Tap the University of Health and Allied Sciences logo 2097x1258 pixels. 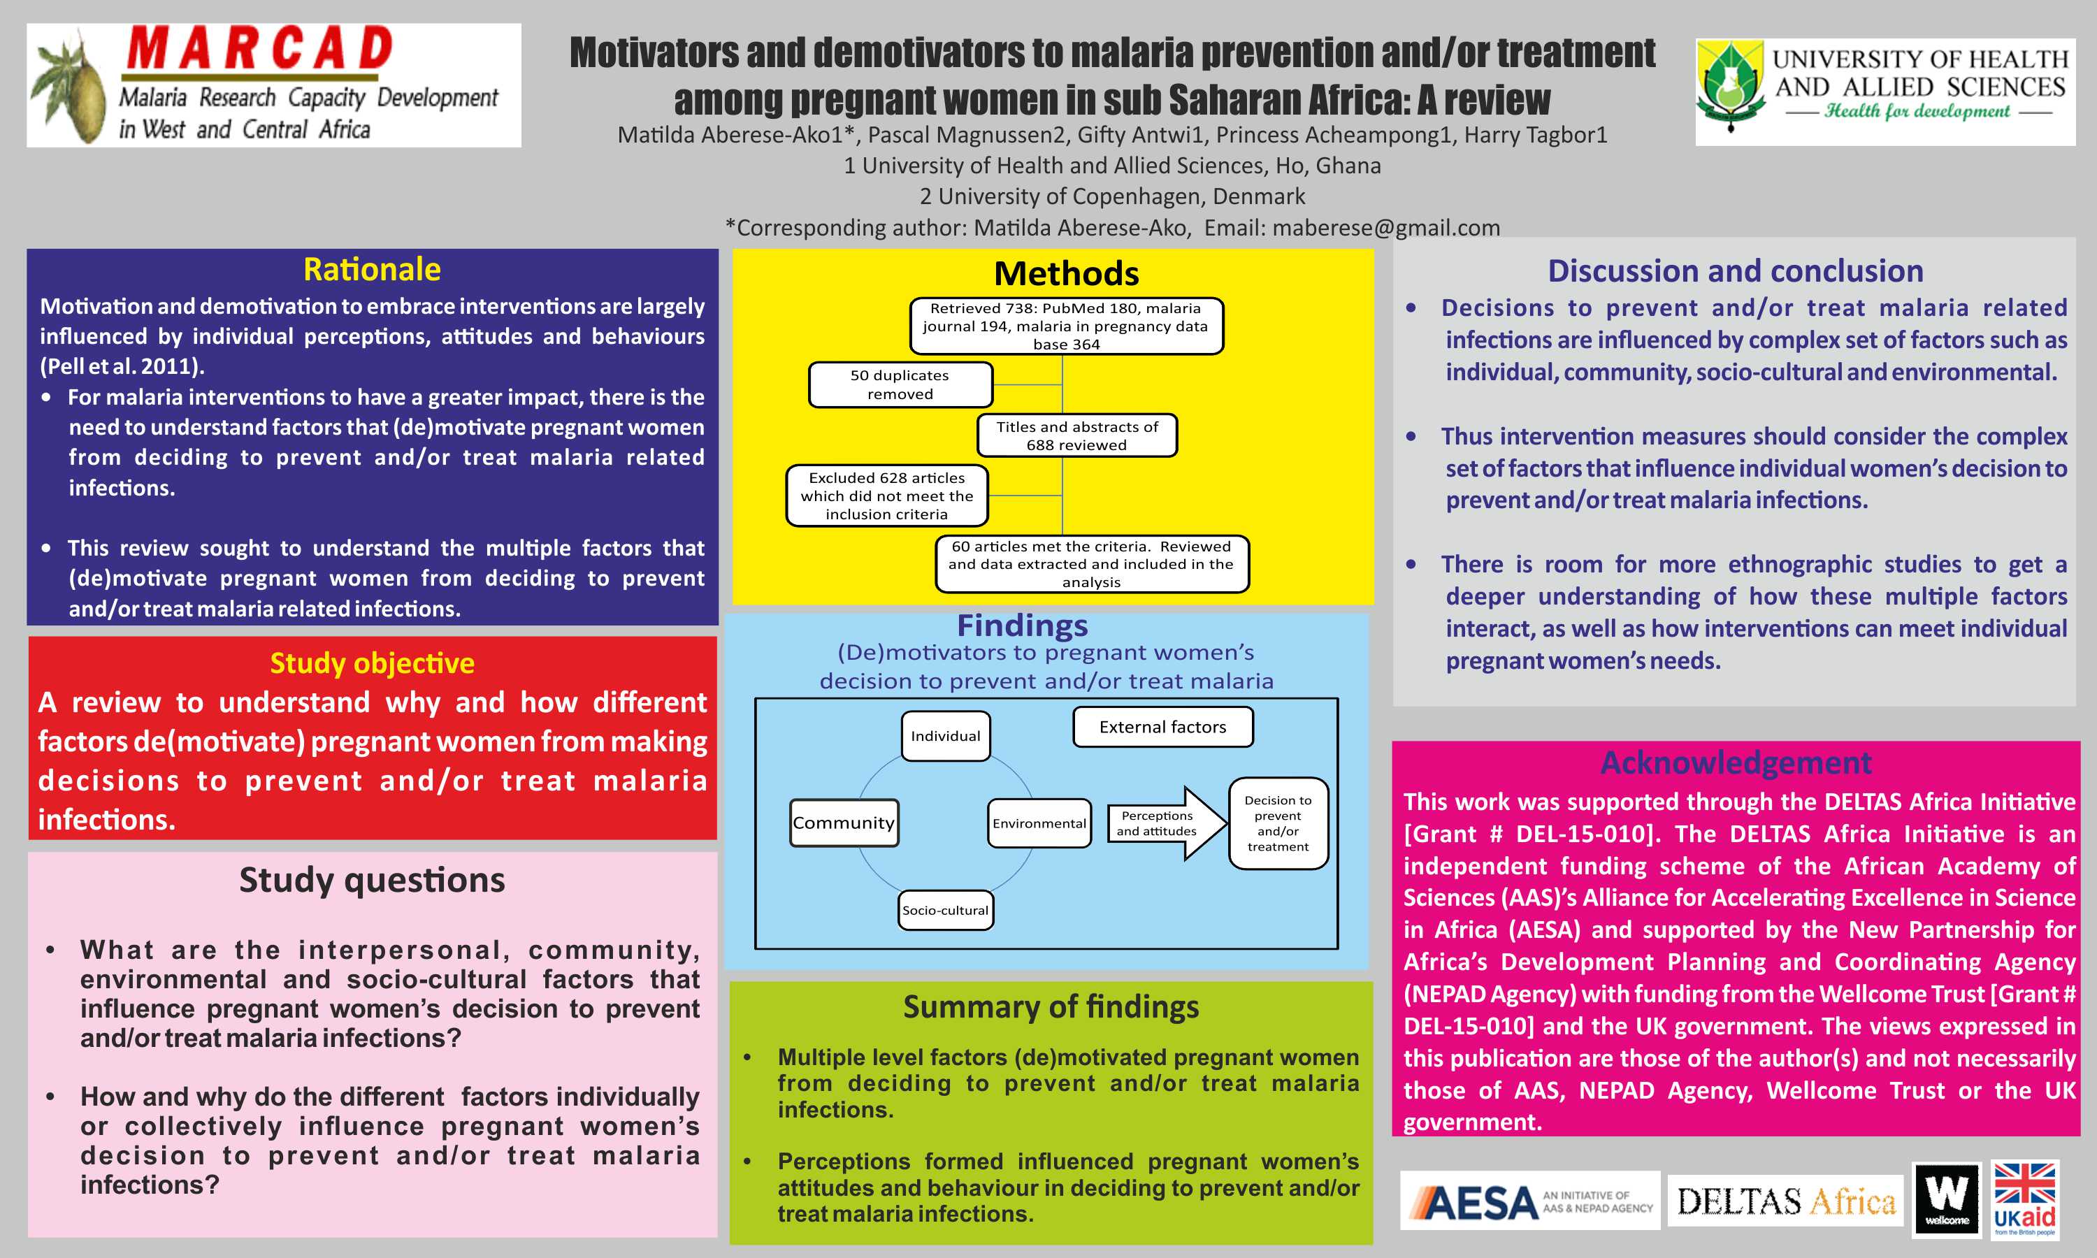click(x=1885, y=92)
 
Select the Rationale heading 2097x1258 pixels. click(x=372, y=270)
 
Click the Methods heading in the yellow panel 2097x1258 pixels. click(x=1066, y=274)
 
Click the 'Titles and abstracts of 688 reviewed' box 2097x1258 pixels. click(x=1076, y=435)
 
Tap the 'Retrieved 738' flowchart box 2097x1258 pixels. click(x=1065, y=326)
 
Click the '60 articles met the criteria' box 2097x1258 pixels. click(x=1091, y=564)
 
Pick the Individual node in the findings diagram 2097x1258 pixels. click(x=945, y=736)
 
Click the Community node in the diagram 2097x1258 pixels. click(x=844, y=823)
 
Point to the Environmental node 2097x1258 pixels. click(x=1039, y=823)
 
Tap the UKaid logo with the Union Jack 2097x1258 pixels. click(x=2024, y=1199)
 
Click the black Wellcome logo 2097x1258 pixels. click(x=1946, y=1199)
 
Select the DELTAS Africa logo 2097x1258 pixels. click(x=1785, y=1201)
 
